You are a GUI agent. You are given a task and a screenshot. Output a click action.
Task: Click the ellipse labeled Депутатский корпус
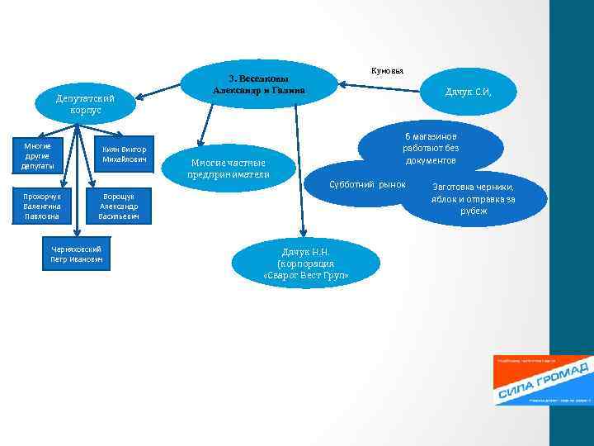click(x=86, y=104)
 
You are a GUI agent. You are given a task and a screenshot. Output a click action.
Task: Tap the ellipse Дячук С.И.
click(x=468, y=92)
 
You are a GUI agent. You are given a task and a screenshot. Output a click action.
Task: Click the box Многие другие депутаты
click(x=38, y=156)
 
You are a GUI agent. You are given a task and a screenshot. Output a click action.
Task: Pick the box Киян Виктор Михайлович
click(x=124, y=154)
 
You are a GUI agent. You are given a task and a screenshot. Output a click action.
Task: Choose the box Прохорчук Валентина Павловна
click(x=41, y=206)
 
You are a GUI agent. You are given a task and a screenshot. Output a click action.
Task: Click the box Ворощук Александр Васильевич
click(x=118, y=206)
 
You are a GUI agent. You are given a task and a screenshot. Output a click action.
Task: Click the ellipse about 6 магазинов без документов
click(x=431, y=147)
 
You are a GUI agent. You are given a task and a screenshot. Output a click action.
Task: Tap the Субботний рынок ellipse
click(x=367, y=183)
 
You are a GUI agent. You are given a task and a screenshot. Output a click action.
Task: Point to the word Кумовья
click(x=387, y=70)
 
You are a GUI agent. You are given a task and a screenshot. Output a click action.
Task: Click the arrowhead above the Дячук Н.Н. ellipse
click(x=303, y=233)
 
